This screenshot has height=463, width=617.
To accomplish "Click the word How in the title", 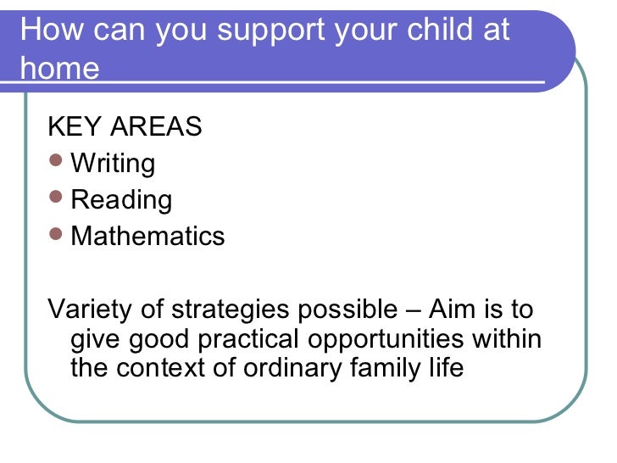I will pos(50,31).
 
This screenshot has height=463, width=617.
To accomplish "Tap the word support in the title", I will pos(270,31).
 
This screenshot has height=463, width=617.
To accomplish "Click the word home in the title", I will pos(59,68).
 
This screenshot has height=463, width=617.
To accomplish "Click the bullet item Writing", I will pos(113,164).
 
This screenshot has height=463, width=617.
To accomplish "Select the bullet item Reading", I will pos(121,200).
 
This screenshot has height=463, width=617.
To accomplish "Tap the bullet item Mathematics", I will pos(147,236).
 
